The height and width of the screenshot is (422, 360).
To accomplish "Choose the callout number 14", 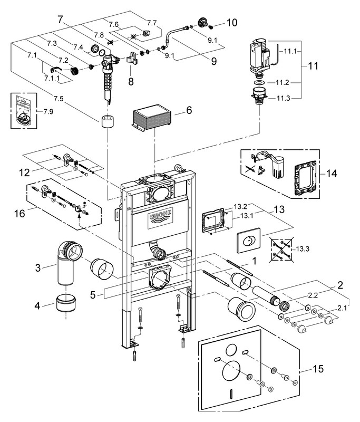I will tap(330, 172).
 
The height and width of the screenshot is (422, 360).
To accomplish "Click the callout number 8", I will tap(130, 82).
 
